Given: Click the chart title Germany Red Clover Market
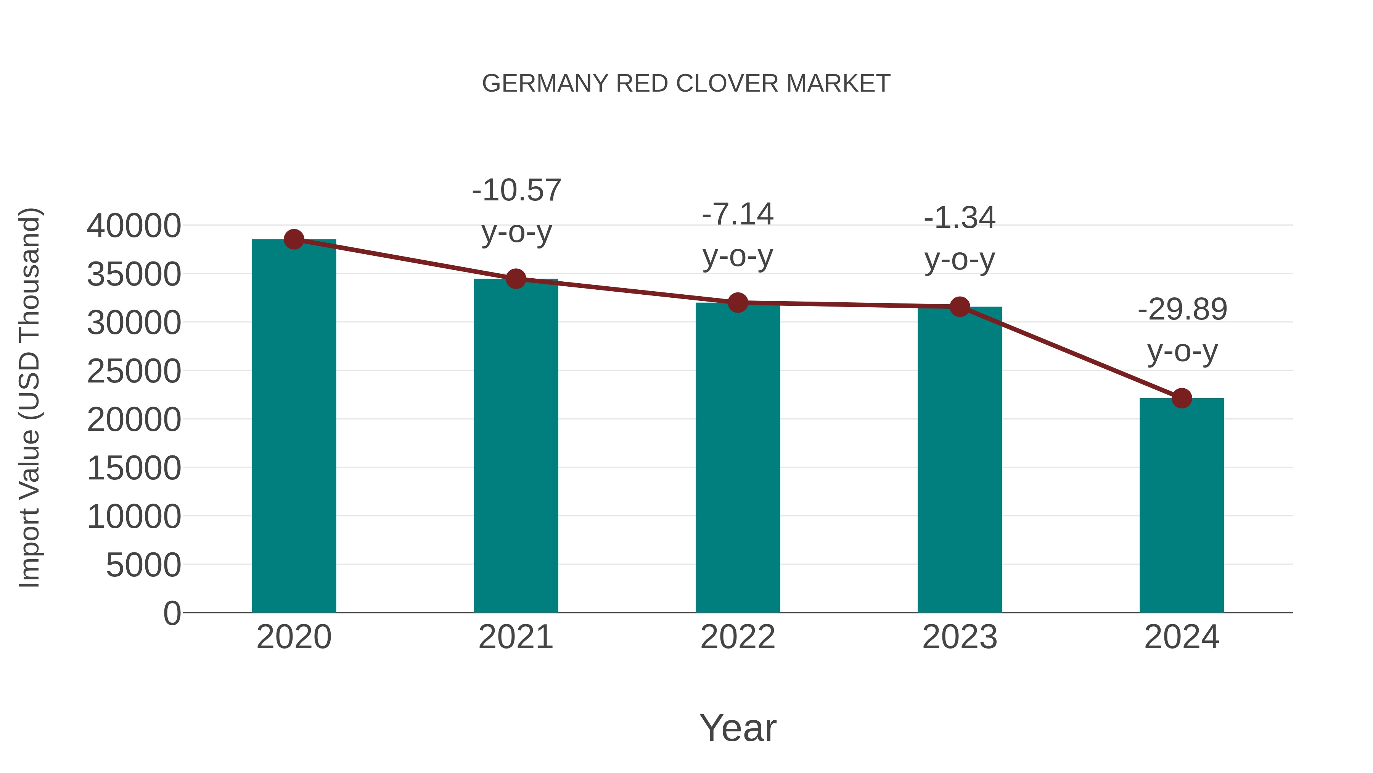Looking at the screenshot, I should pyautogui.click(x=686, y=84).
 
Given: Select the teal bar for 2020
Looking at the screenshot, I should pyautogui.click(x=294, y=427).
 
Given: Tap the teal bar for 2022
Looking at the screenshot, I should pyautogui.click(x=738, y=459).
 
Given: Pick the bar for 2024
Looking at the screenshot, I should pyautogui.click(x=1182, y=507).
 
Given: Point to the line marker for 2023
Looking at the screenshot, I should pyautogui.click(x=960, y=307).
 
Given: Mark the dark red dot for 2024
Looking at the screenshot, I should pyautogui.click(x=1182, y=398).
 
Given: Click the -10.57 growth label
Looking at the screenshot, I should pyautogui.click(x=516, y=190).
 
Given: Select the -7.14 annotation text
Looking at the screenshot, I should pyautogui.click(x=738, y=215).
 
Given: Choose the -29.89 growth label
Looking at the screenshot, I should pyautogui.click(x=1182, y=310).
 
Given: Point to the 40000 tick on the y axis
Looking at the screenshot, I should pyautogui.click(x=134, y=226).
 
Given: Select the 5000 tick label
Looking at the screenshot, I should pyautogui.click(x=143, y=565).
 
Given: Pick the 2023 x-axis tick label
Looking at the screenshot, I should pyautogui.click(x=960, y=637).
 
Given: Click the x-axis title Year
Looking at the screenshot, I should pyautogui.click(x=738, y=728).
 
